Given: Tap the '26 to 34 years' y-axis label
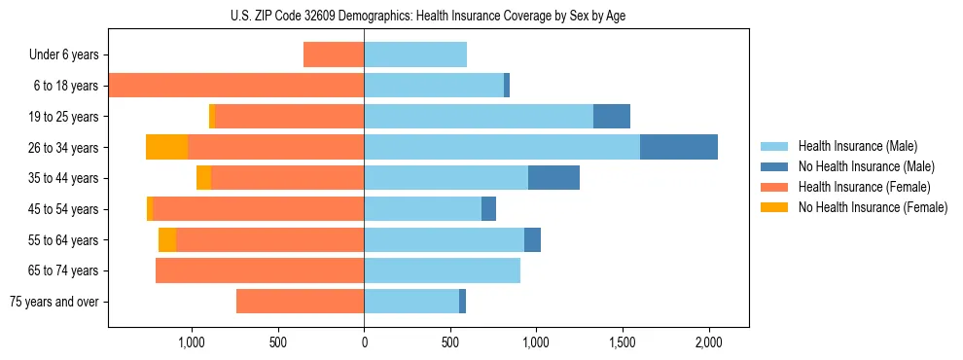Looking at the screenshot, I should [x=64, y=147].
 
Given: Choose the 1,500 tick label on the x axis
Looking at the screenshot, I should [x=623, y=342].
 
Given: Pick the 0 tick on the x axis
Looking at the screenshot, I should [x=364, y=342].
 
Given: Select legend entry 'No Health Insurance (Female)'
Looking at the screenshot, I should [x=872, y=207].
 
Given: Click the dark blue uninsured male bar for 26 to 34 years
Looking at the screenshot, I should [x=679, y=147].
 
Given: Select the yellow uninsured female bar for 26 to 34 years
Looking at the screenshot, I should [x=166, y=147].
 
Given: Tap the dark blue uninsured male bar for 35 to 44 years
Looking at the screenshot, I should [x=553, y=178].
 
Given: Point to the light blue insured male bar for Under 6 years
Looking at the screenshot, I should [x=415, y=54].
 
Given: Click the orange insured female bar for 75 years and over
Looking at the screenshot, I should [x=300, y=302].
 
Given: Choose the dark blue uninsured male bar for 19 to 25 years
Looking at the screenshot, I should [x=612, y=117].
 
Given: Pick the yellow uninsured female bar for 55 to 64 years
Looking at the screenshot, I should [x=167, y=239].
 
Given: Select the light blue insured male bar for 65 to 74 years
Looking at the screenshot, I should [x=442, y=270].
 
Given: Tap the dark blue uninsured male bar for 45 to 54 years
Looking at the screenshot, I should [x=488, y=209].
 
